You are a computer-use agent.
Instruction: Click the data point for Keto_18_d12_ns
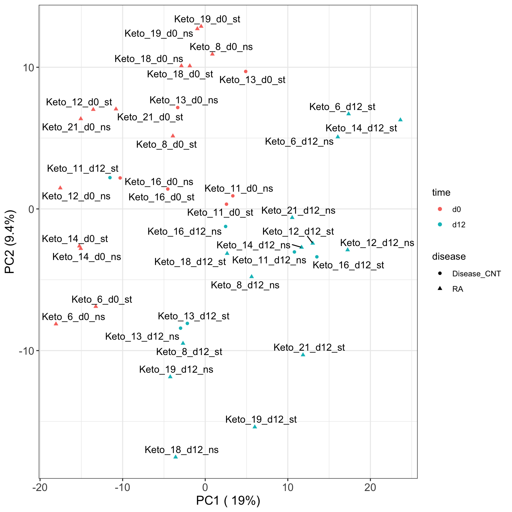[x=176, y=457]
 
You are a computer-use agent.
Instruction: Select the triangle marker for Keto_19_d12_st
[x=255, y=427]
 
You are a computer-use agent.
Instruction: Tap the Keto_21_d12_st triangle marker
[x=303, y=354]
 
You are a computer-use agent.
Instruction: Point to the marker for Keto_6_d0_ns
[x=56, y=324]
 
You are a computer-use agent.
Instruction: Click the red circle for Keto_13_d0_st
[x=246, y=71]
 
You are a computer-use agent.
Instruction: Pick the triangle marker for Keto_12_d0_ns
[x=60, y=188]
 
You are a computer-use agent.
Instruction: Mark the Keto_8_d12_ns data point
[x=252, y=276]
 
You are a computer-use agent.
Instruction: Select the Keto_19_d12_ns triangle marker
[x=170, y=376]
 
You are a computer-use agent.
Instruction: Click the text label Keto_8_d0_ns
[x=221, y=47]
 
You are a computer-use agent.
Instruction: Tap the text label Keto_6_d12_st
[x=342, y=107]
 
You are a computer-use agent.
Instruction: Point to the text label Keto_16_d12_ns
[x=184, y=231]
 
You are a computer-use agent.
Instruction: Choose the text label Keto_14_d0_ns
[x=87, y=257]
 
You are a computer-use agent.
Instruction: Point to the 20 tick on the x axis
[x=370, y=488]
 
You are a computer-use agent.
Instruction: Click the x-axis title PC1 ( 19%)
[x=228, y=501]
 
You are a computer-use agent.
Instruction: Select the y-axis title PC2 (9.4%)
[x=10, y=242]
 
